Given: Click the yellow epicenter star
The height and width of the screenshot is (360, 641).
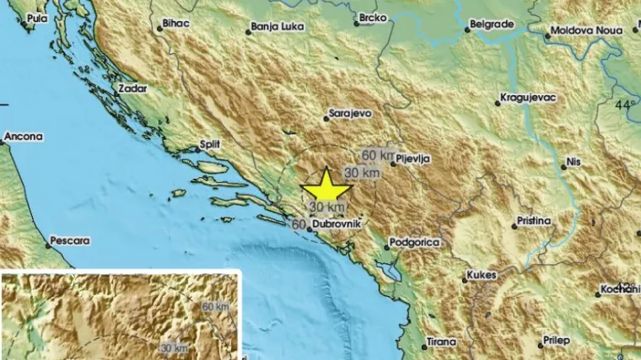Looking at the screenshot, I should click(x=325, y=184).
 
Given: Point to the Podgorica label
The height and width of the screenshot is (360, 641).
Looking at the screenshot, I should click(x=415, y=243).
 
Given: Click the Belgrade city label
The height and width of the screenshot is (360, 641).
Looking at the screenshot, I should click(x=493, y=24).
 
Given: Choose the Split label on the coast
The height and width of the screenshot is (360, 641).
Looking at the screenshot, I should click(x=210, y=144).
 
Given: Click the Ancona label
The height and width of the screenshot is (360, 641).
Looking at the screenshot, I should click(x=23, y=136).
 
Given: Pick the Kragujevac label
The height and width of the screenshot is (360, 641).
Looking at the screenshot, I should click(x=529, y=97).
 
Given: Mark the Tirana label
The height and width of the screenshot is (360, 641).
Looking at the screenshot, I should click(x=440, y=341).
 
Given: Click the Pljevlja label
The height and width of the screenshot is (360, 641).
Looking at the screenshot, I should click(x=416, y=159).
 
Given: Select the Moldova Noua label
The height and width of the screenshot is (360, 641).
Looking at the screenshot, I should click(x=582, y=30).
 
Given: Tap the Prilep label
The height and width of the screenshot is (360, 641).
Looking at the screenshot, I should click(x=555, y=340).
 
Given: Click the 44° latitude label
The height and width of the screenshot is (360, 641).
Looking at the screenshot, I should click(x=625, y=105).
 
